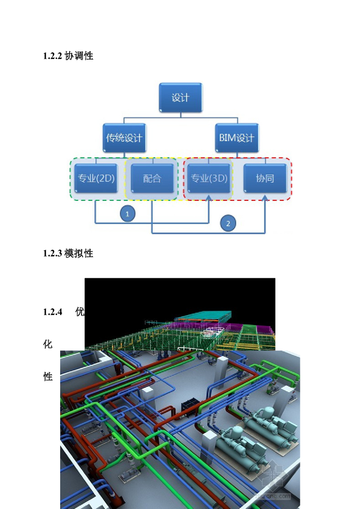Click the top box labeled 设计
click(x=180, y=98)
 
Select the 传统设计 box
click(x=124, y=138)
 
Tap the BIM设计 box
click(x=237, y=138)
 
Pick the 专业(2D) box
click(x=96, y=178)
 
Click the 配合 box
click(x=152, y=178)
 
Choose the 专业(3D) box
click(x=209, y=178)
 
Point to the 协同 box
click(x=265, y=178)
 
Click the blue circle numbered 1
click(x=127, y=214)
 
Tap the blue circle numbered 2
click(x=228, y=223)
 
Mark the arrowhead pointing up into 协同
click(x=266, y=199)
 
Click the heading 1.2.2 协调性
click(x=68, y=56)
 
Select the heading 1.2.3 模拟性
click(x=68, y=254)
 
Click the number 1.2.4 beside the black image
click(x=53, y=312)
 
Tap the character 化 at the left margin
click(x=48, y=344)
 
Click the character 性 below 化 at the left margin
click(x=48, y=377)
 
